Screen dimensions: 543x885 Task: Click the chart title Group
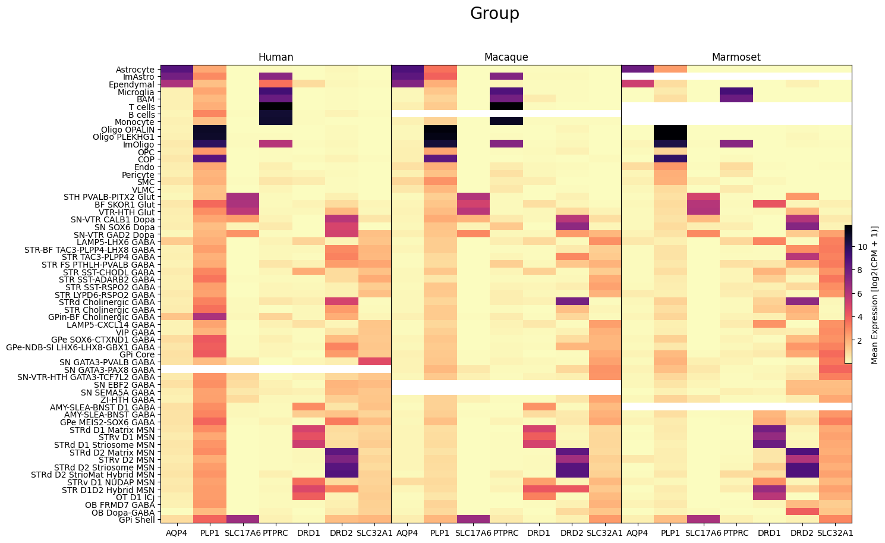pos(495,14)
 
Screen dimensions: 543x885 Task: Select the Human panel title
pos(276,58)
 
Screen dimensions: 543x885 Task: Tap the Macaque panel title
pos(506,58)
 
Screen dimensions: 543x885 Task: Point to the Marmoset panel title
pos(736,58)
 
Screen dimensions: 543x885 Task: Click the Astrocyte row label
pos(135,70)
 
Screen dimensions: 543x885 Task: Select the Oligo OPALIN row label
pos(128,130)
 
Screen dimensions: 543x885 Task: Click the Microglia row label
pos(136,92)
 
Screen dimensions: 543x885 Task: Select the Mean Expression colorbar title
pos(874,294)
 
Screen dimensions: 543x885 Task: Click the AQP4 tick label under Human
pos(177,533)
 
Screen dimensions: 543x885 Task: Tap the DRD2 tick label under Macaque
pos(572,533)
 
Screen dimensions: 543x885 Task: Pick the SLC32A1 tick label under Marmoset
pos(835,533)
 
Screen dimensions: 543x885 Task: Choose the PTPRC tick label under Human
pos(275,533)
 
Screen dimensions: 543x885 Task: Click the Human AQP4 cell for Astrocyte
pos(177,69)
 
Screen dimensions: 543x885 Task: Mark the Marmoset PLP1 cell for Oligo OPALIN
pos(670,129)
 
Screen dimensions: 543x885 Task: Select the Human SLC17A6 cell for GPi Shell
pos(242,519)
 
